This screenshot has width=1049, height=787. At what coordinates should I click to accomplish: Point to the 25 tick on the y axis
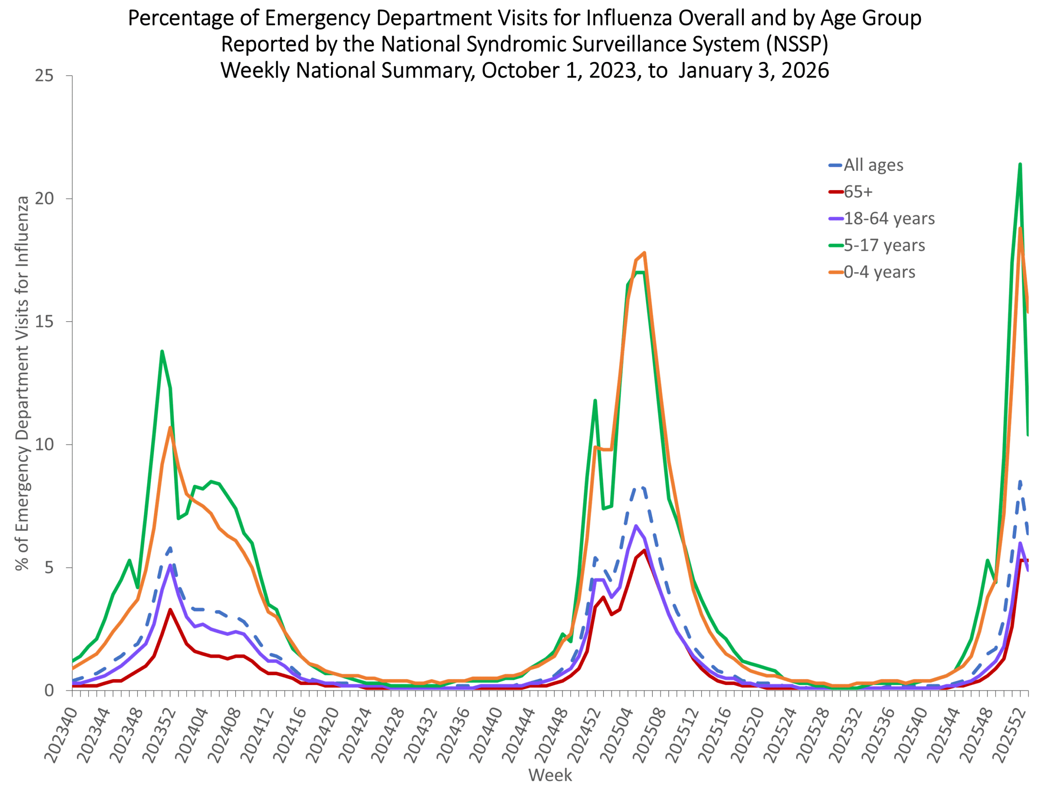pos(44,75)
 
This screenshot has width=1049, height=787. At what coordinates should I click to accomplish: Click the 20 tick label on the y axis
pos(44,198)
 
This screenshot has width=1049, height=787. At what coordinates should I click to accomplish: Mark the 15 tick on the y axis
pos(44,321)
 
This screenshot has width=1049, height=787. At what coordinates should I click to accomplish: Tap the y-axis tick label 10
pos(44,444)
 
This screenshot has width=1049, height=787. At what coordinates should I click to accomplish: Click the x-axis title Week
pos(550,775)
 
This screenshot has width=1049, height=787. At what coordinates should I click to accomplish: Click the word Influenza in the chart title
pos(629,18)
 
